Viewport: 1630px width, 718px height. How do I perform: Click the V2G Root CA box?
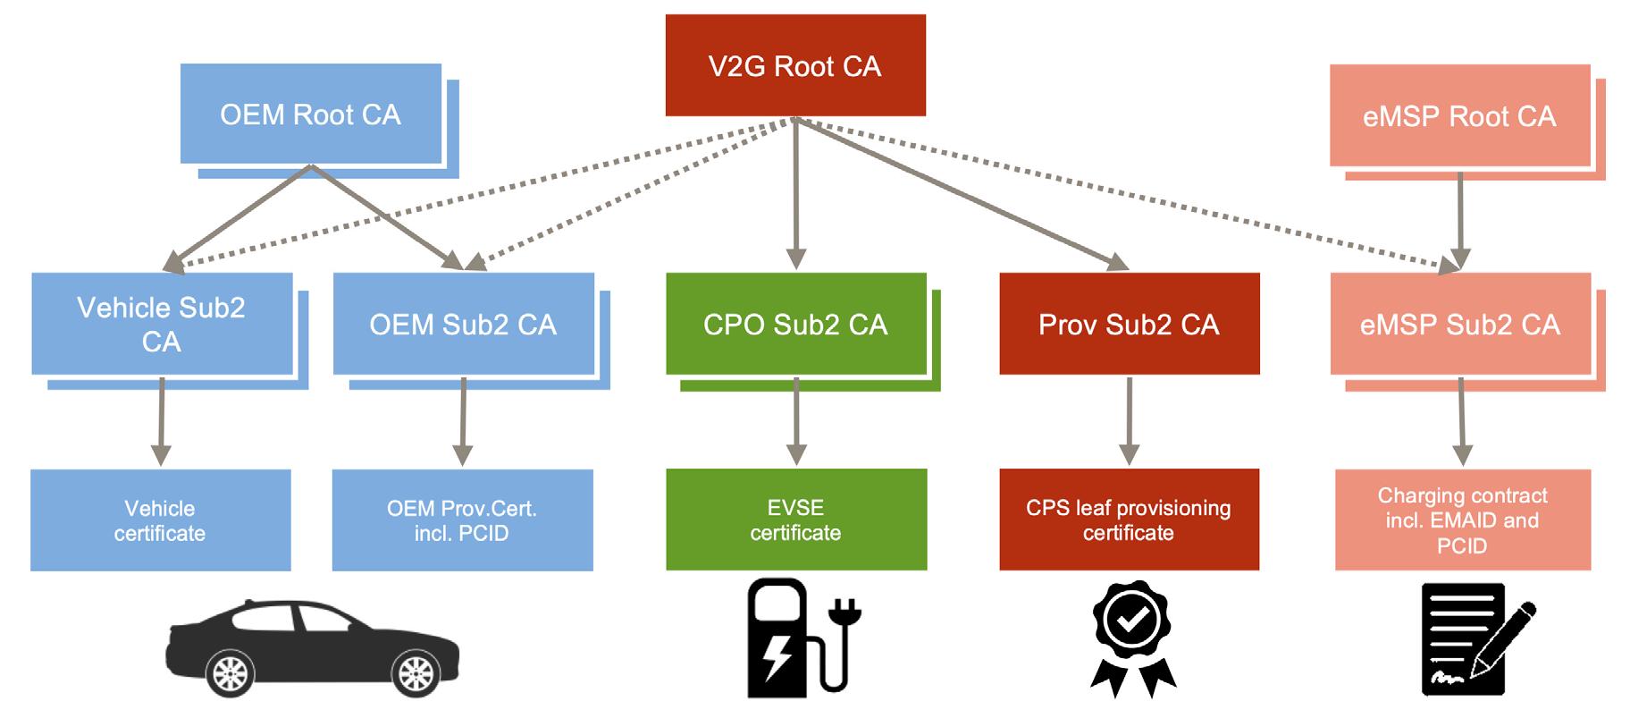794,65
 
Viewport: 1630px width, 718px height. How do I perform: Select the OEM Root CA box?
310,114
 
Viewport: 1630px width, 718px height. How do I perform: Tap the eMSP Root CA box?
1458,115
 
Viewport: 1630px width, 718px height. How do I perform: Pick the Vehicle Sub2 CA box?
162,324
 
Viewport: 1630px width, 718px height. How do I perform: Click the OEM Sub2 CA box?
463,324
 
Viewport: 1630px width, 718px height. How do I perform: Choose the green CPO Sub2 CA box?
795,324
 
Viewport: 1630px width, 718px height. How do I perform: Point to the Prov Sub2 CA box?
1129,324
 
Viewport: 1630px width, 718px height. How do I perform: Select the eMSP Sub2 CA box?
1459,324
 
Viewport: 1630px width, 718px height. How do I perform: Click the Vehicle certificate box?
160,520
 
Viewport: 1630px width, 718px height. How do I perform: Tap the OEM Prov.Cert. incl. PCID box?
462,520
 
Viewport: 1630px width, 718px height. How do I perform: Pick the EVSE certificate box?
795,519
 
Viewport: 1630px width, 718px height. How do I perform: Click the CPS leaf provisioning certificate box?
1129,519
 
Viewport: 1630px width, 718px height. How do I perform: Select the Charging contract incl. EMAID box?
1462,519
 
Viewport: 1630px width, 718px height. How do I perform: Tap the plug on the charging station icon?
844,612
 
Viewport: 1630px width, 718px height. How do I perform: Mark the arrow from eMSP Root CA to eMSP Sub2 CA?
1459,219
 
